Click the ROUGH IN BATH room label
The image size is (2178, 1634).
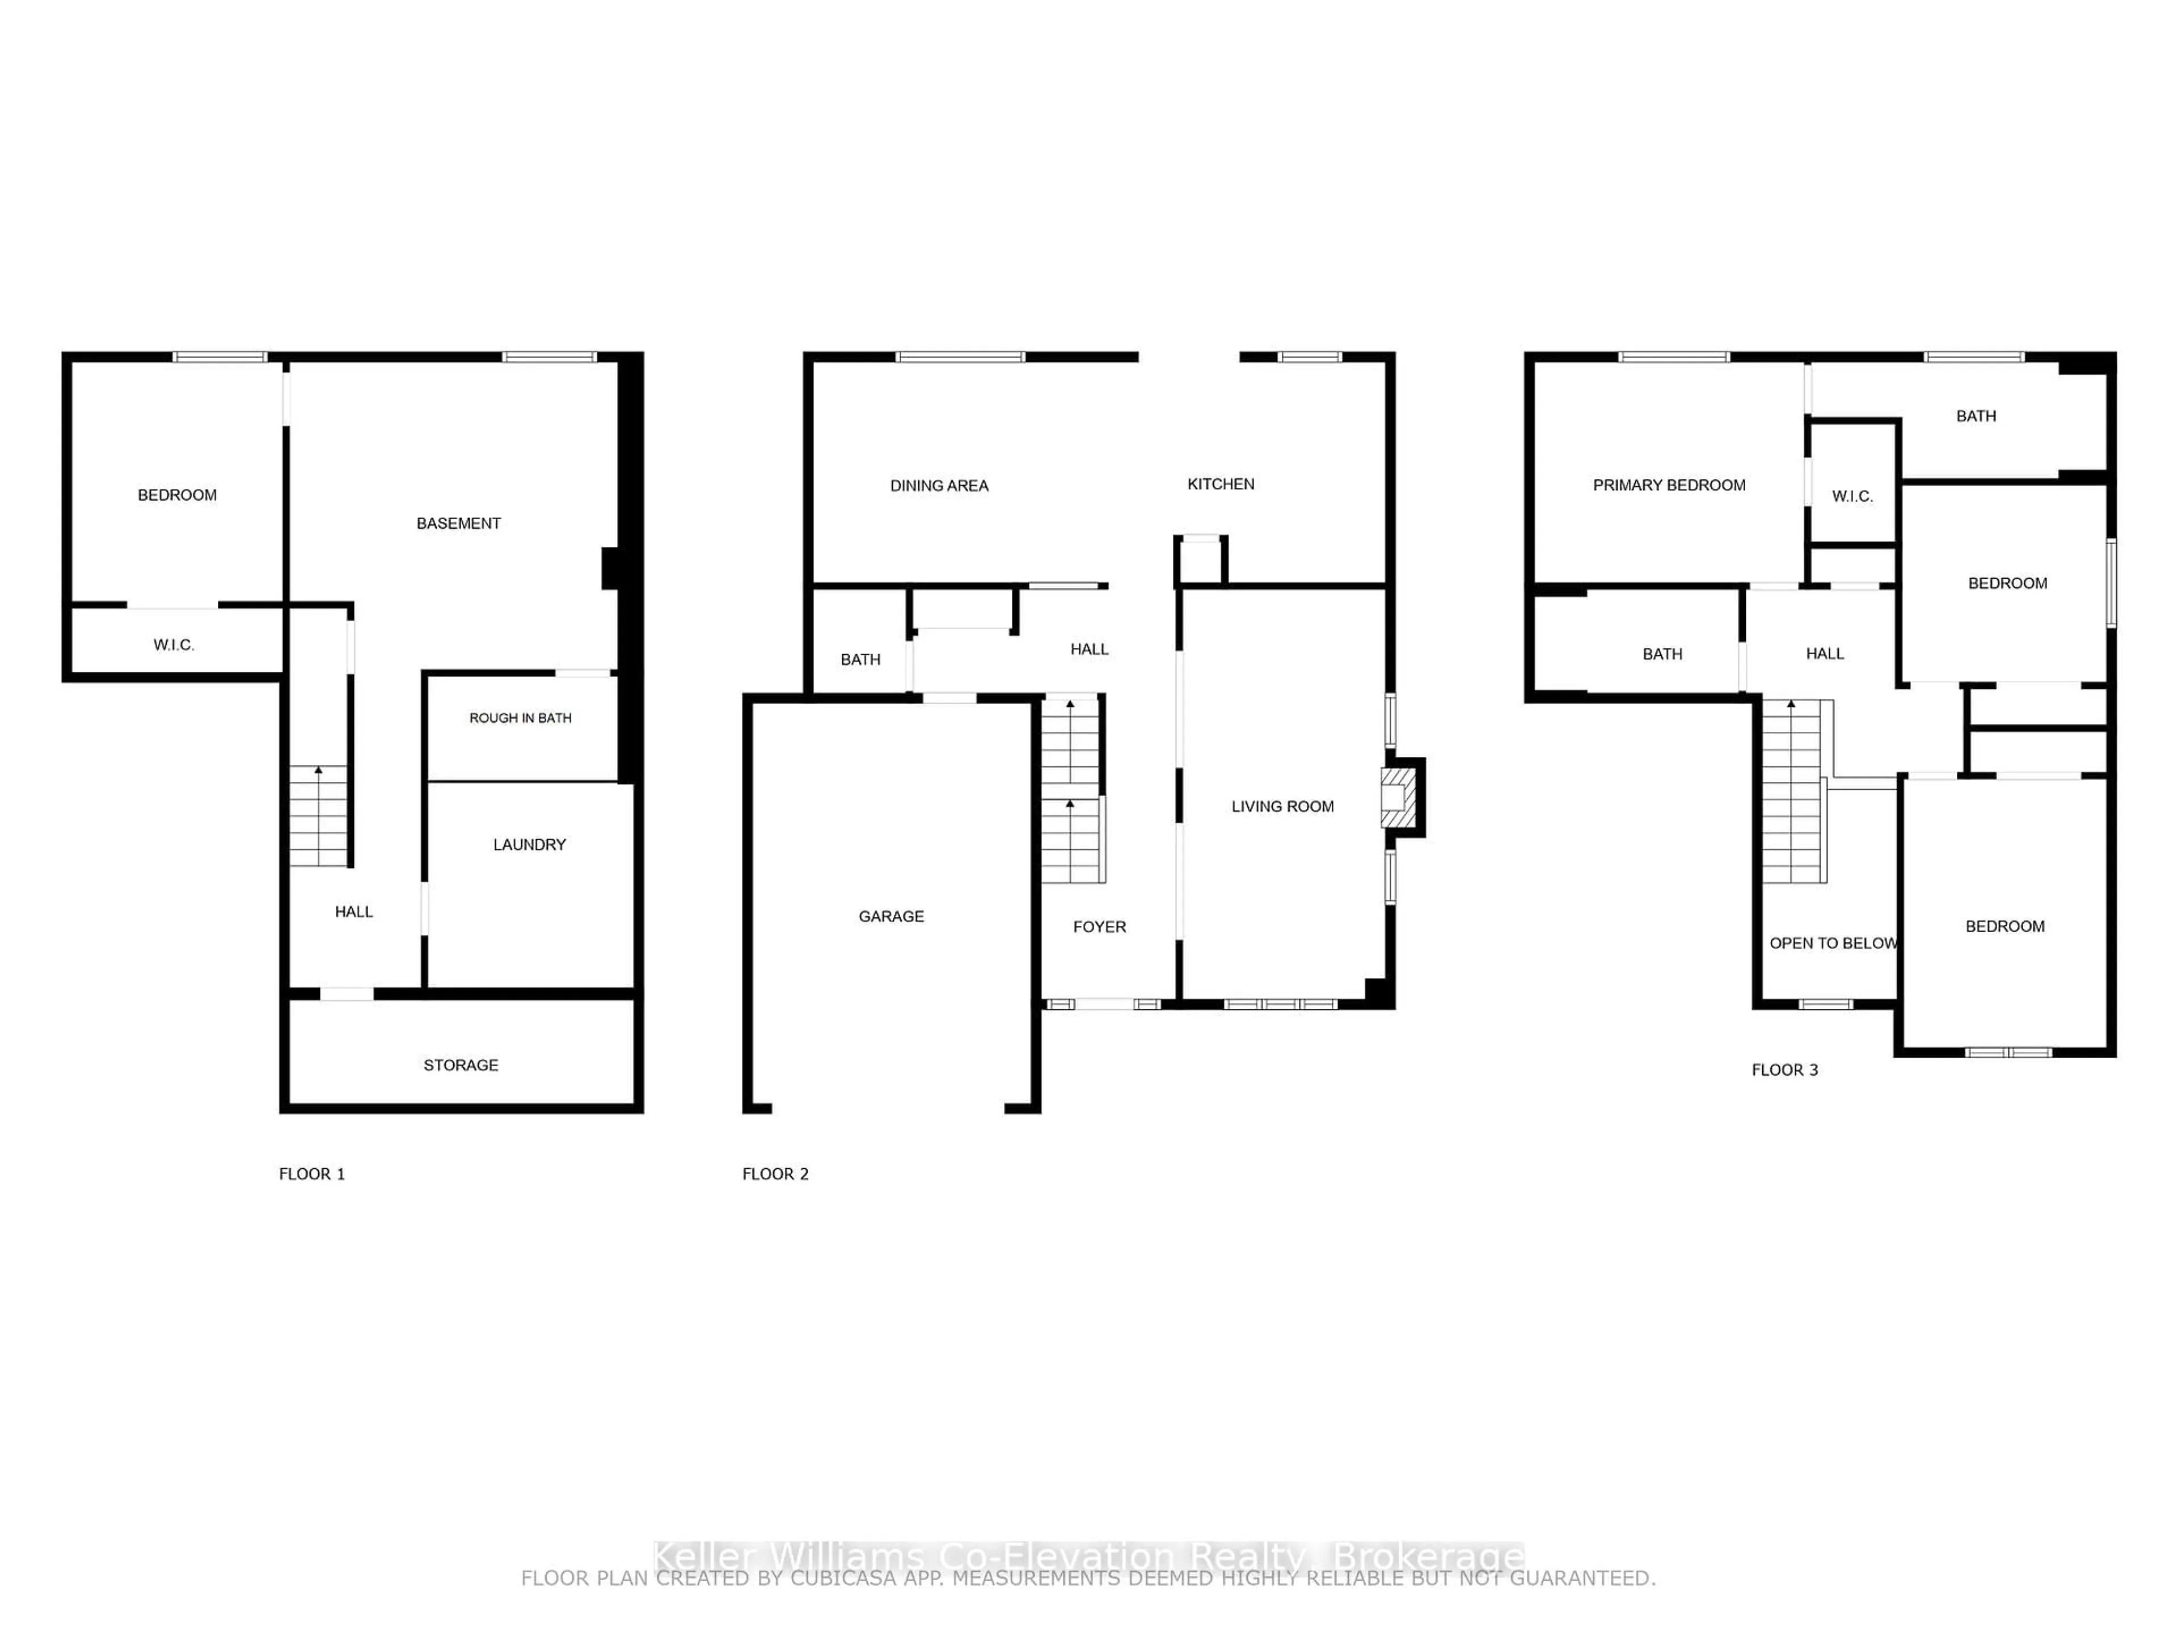coord(520,718)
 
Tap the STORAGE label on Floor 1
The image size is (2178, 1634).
coord(461,1065)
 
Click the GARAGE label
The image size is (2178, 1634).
coord(891,916)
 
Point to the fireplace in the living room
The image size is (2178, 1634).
coord(1398,798)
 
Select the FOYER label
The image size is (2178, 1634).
coord(1099,927)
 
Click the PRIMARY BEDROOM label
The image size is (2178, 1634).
coord(1669,485)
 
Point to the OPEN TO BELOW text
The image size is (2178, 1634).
coord(1833,942)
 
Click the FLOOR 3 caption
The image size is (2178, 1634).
coord(1784,1069)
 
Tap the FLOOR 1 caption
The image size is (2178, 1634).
coord(311,1173)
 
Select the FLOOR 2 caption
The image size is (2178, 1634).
coord(775,1173)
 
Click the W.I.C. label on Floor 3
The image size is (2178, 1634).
coord(1851,496)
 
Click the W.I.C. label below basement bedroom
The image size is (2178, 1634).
coord(174,645)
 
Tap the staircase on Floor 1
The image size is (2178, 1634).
coord(318,815)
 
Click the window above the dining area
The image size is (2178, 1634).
coord(960,356)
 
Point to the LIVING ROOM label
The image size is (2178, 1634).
coord(1282,806)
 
